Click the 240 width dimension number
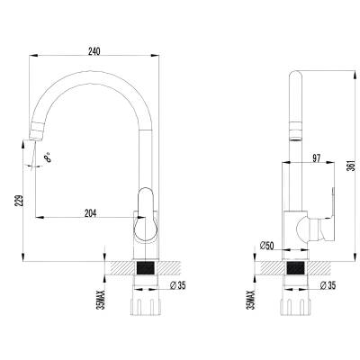coord(94,51)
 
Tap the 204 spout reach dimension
coord(90,213)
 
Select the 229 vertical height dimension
coord(19,201)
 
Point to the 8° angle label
coord(48,157)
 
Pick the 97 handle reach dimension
coord(316,158)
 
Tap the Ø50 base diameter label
coord(266,246)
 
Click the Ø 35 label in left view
coord(177,285)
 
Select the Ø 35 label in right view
coord(328,285)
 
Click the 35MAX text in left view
coord(103,300)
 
